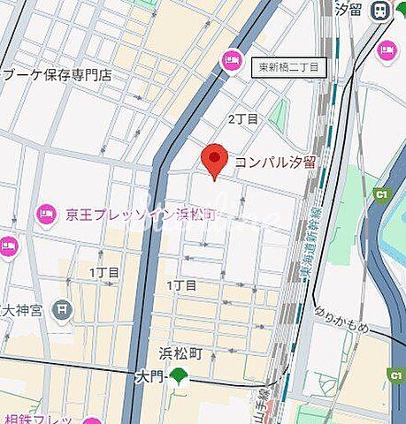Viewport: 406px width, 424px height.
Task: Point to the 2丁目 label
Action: point(243,117)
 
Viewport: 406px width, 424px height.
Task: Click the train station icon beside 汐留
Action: point(381,10)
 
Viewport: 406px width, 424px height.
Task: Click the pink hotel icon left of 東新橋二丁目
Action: point(233,59)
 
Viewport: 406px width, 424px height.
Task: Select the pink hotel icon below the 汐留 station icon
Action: point(387,49)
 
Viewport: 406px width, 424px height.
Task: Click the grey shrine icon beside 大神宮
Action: point(62,309)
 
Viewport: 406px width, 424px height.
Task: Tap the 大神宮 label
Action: point(25,309)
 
